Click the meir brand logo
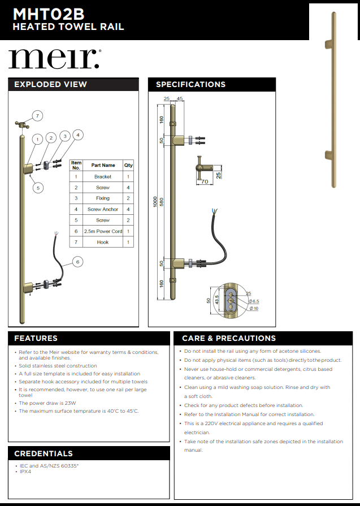[54, 59]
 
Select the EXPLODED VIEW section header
[50, 84]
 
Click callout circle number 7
[37, 116]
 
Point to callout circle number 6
[77, 261]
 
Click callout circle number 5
[37, 188]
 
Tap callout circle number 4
[77, 135]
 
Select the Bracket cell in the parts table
[102, 177]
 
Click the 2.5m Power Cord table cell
[102, 231]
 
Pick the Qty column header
[128, 165]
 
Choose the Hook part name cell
[102, 242]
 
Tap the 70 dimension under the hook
[205, 182]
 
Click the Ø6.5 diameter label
[254, 301]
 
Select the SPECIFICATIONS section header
[190, 84]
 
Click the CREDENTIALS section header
[44, 453]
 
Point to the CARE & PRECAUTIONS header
[229, 338]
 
